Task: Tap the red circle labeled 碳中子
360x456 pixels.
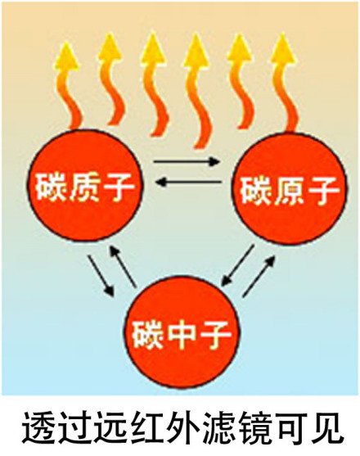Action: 182,332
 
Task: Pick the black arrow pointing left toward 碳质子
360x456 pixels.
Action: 189,183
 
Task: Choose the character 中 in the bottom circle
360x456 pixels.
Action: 182,334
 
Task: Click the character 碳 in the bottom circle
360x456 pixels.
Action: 148,334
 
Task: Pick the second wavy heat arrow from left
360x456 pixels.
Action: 112,81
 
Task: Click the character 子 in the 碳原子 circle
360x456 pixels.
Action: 323,190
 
